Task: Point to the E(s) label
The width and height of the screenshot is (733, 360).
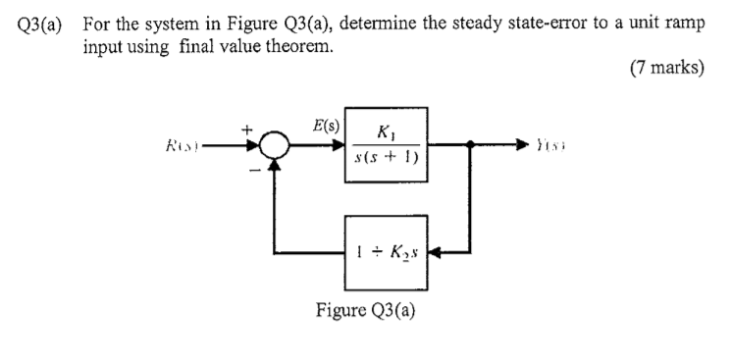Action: (x=327, y=127)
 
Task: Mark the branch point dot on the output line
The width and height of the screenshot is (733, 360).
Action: (x=472, y=149)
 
